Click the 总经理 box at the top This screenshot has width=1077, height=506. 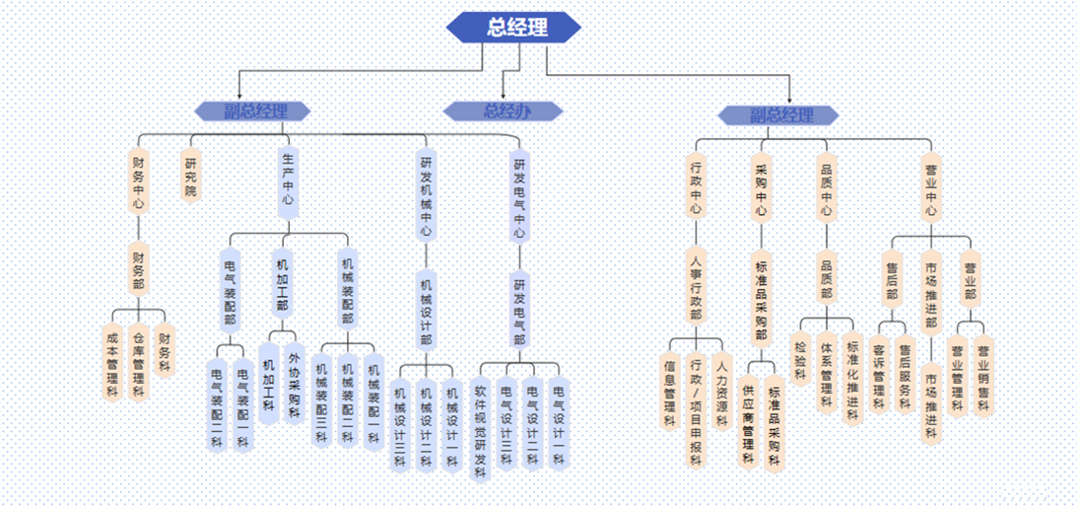tap(515, 27)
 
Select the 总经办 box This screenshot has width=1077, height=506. tap(503, 110)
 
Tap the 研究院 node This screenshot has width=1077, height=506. tap(190, 175)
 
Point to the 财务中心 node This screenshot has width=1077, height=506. tap(138, 180)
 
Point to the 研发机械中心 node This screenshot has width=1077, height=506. tap(426, 195)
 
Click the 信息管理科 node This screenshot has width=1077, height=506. tap(669, 389)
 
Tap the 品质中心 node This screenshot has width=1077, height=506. tap(827, 189)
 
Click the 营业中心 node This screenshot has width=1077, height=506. tap(930, 189)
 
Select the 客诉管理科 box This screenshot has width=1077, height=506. tap(878, 375)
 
